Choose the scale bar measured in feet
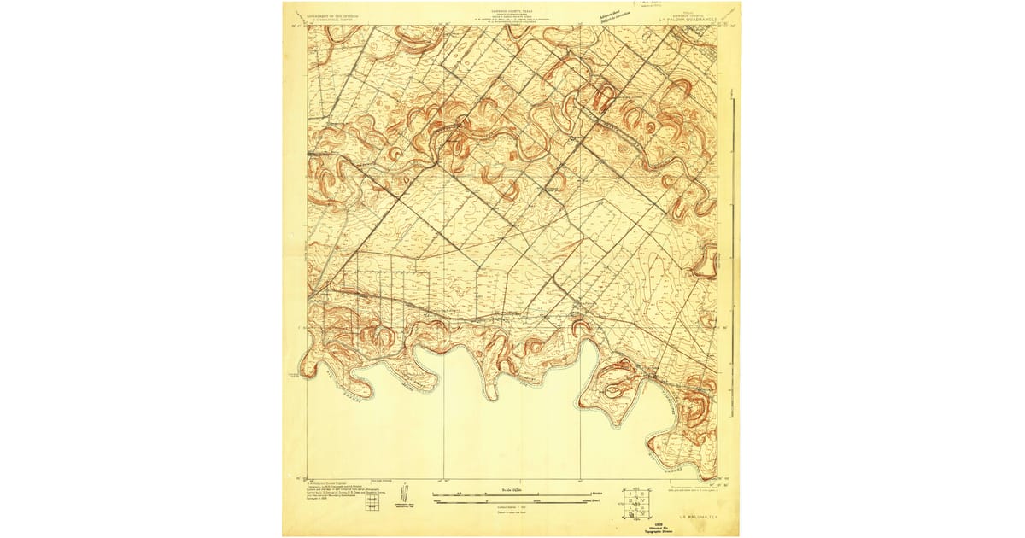pos(512,501)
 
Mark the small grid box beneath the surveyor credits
pos(371,505)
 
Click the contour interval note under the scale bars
pos(512,507)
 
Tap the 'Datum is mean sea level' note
pos(512,512)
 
